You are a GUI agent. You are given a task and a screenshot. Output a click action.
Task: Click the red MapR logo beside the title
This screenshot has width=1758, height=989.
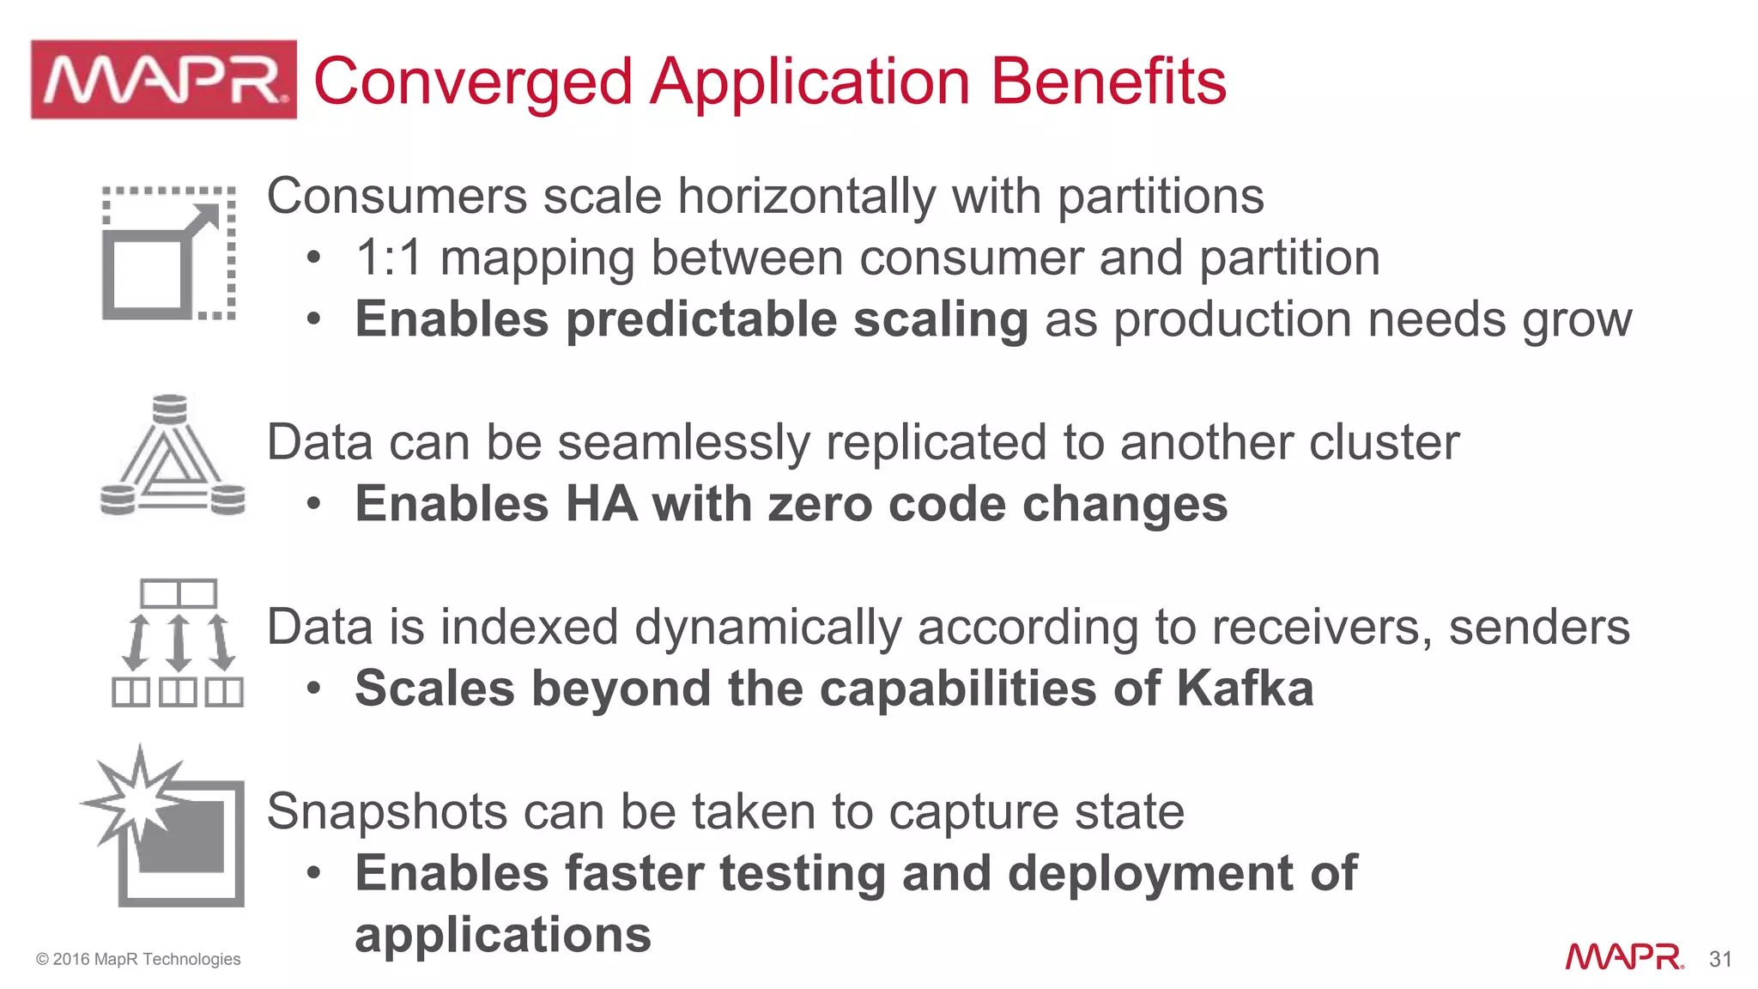pyautogui.click(x=163, y=80)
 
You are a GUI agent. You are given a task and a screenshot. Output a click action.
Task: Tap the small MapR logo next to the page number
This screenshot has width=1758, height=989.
pyautogui.click(x=1624, y=956)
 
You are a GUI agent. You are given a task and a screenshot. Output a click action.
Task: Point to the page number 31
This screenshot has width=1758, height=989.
pyautogui.click(x=1719, y=959)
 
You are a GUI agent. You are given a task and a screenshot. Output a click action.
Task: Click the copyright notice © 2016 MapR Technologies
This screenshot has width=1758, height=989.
pyautogui.click(x=138, y=959)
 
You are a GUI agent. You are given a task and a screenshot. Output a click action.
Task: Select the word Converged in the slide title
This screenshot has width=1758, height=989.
pyautogui.click(x=473, y=82)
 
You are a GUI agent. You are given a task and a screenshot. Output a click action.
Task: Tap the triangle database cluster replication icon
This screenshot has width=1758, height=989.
pyautogui.click(x=172, y=455)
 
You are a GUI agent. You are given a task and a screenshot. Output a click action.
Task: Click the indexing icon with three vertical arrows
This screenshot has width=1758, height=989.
pyautogui.click(x=178, y=643)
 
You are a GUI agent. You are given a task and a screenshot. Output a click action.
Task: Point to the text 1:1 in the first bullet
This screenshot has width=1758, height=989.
pyautogui.click(x=389, y=258)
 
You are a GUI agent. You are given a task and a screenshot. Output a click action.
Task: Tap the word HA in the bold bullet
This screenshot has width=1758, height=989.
pyautogui.click(x=601, y=504)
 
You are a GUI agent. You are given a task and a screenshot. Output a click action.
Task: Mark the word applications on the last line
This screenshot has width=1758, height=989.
pyautogui.click(x=503, y=935)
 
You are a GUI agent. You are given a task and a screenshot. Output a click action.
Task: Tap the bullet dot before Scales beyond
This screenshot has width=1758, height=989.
pyautogui.click(x=314, y=689)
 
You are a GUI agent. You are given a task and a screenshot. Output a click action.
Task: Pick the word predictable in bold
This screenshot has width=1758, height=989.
pyautogui.click(x=701, y=319)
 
